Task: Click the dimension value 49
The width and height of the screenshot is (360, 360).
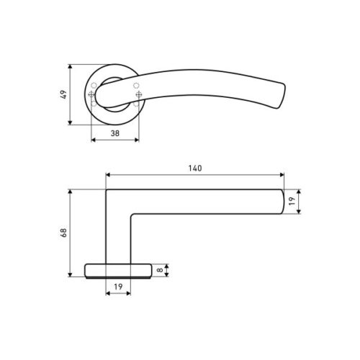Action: coord(63,95)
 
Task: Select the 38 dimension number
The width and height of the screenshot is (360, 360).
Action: coord(115,134)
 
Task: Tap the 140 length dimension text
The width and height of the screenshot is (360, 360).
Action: coord(194,168)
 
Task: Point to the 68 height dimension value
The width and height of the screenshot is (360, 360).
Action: coord(63,233)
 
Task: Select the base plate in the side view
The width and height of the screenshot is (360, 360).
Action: coord(119,270)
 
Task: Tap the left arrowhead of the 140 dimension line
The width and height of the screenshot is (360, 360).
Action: coord(108,175)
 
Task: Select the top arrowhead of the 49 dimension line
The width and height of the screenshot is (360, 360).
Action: coord(70,66)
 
